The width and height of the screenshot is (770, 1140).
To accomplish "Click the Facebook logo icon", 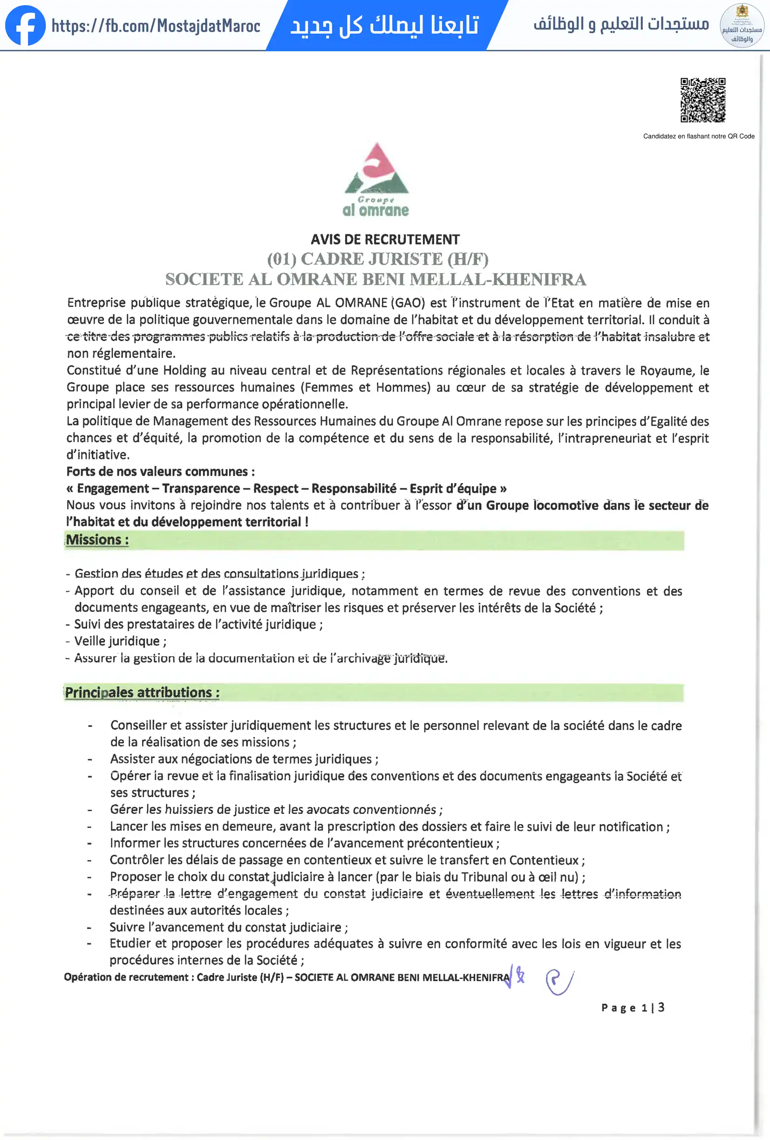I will click(x=25, y=26).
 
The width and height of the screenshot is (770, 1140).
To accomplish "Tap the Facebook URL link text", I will click(x=156, y=26).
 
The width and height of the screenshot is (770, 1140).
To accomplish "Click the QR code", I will click(x=702, y=100).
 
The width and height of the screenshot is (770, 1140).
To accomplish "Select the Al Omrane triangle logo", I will click(x=376, y=170).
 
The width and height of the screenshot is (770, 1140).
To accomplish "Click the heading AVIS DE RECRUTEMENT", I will click(x=385, y=239).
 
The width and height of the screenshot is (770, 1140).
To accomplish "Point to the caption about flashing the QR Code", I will click(x=698, y=137).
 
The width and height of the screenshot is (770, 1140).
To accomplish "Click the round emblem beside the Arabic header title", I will click(x=742, y=26).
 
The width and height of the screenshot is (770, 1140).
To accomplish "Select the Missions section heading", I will click(x=97, y=539).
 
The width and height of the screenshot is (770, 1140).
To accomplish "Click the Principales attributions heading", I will click(x=142, y=692).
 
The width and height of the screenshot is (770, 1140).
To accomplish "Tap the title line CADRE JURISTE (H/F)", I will click(x=378, y=259).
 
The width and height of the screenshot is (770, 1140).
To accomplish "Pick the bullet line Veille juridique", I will click(x=120, y=641).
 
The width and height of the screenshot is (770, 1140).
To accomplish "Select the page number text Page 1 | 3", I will click(x=633, y=1008).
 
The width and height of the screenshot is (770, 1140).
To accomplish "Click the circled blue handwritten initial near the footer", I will click(x=558, y=981).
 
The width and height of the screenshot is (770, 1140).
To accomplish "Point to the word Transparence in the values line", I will click(x=201, y=489).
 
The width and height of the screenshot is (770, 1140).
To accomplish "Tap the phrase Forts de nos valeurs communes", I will click(x=160, y=471).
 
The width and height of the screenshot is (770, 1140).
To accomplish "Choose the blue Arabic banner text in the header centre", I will click(x=385, y=26).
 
